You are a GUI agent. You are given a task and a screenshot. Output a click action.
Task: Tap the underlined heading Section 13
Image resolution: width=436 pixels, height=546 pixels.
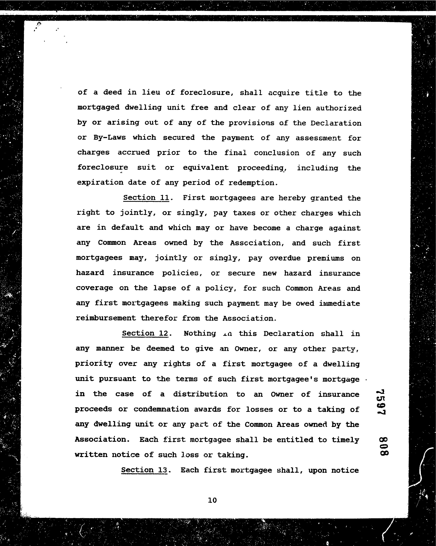pos(144,470)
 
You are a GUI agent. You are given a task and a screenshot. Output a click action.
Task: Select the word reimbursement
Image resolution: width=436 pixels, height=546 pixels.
pos(106,318)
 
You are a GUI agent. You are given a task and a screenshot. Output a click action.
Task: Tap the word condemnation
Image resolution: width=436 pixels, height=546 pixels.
pos(161,409)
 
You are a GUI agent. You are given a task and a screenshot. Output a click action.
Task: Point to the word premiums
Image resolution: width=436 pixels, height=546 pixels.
pos(326,258)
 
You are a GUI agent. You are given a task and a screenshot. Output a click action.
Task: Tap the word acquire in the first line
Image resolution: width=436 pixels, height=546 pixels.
pos(283,93)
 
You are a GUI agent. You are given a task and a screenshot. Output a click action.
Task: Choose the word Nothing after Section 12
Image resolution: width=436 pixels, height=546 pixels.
pos(200,334)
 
